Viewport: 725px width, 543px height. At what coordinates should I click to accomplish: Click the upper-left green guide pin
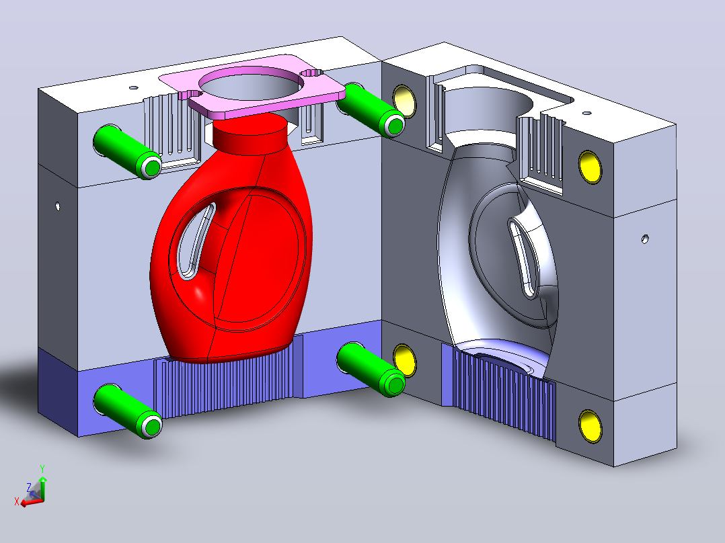click(x=127, y=151)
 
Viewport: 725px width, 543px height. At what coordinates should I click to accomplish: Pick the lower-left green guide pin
click(x=128, y=411)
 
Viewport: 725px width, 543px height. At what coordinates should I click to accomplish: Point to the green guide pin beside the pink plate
click(x=371, y=110)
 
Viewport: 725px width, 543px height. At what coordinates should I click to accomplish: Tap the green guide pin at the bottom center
click(x=371, y=369)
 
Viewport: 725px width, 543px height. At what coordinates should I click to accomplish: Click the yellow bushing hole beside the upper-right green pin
click(x=405, y=101)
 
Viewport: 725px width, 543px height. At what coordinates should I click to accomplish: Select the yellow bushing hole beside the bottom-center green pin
click(x=405, y=360)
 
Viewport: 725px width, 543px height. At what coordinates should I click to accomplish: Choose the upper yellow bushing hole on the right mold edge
click(x=590, y=167)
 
